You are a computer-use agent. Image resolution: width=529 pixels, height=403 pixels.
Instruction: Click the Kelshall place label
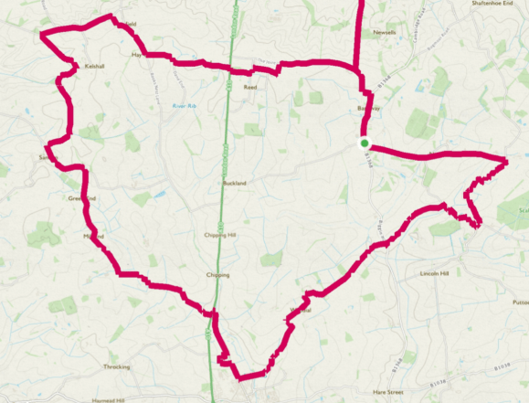pyautogui.click(x=94, y=67)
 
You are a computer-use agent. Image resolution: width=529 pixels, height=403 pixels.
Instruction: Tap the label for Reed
pyautogui.click(x=249, y=88)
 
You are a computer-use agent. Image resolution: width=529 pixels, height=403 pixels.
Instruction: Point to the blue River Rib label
pyautogui.click(x=185, y=106)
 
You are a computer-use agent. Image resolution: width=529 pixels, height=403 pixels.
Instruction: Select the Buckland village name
pyautogui.click(x=235, y=183)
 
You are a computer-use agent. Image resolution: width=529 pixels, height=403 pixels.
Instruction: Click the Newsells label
pyautogui.click(x=385, y=32)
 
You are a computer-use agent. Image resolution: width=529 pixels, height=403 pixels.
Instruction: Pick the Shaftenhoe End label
pyautogui.click(x=500, y=3)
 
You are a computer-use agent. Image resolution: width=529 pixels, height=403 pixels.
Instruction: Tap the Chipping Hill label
pyautogui.click(x=220, y=236)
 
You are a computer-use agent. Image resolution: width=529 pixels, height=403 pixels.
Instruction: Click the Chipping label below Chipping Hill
pyautogui.click(x=217, y=274)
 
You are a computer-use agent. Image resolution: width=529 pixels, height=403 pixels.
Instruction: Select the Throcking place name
pyautogui.click(x=116, y=366)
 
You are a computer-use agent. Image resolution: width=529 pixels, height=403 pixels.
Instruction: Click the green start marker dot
pyautogui.click(x=364, y=143)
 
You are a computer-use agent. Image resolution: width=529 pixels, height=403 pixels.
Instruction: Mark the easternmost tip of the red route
pyautogui.click(x=506, y=162)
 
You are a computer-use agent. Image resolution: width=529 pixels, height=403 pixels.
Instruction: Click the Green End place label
pyautogui.click(x=81, y=198)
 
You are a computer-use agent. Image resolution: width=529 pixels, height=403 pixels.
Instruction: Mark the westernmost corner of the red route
pyautogui.click(x=40, y=35)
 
